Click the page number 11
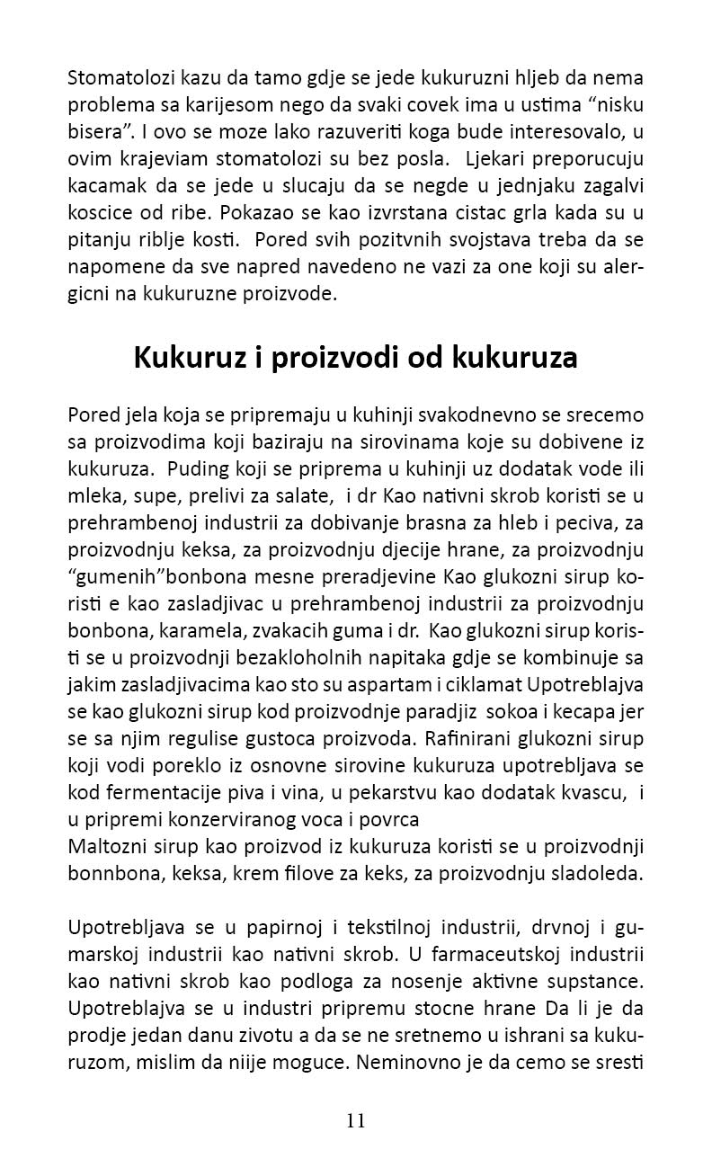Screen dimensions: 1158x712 pos(355,1120)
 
